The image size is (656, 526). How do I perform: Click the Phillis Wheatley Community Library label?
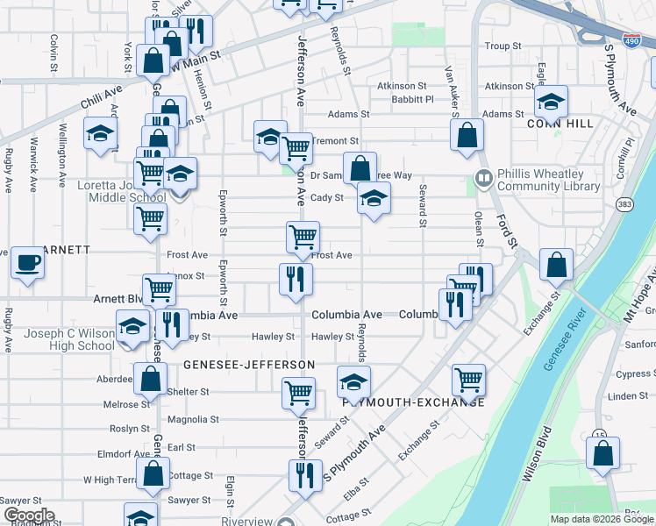(x=548, y=180)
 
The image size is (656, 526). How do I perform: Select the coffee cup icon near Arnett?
(x=27, y=261)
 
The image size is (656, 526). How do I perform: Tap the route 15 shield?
(x=600, y=434)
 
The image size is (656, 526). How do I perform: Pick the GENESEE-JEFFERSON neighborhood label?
(x=249, y=364)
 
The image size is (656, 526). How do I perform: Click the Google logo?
(x=29, y=515)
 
